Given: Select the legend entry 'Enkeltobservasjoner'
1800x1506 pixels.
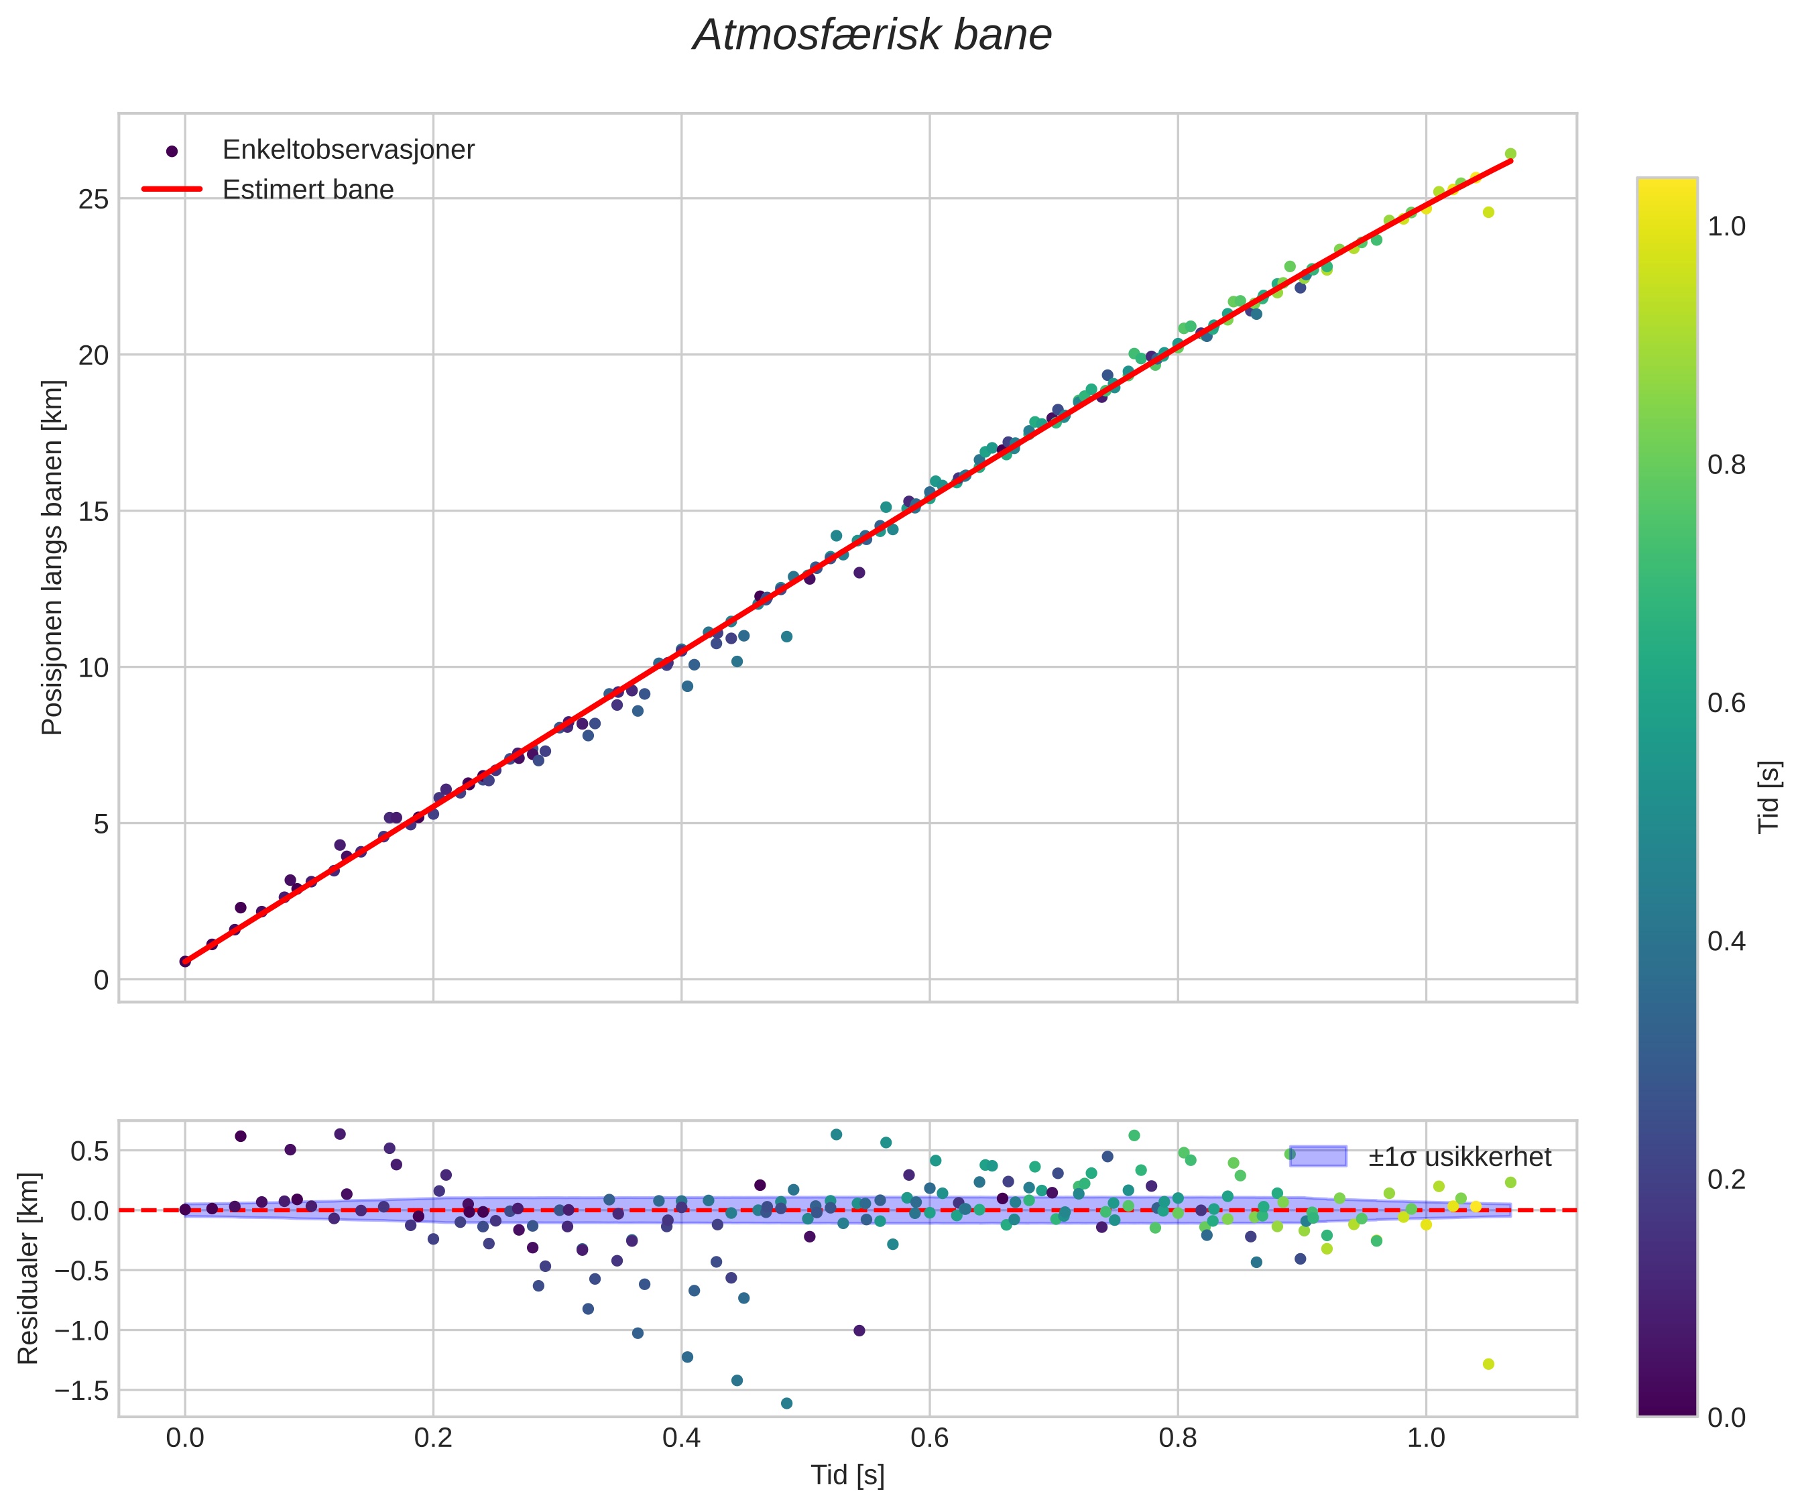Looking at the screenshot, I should (347, 150).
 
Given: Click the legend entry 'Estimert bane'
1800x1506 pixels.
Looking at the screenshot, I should (308, 190).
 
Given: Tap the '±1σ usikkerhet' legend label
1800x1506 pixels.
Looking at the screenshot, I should (1459, 1157).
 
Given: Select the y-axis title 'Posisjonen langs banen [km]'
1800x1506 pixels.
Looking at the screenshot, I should (52, 557).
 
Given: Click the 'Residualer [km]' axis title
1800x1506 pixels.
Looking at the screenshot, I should (27, 1269).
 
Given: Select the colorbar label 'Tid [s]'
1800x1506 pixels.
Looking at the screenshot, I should (1769, 797).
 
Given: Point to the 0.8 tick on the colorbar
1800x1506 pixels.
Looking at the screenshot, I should (1726, 465).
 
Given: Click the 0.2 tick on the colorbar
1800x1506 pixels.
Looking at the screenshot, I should (1726, 1179).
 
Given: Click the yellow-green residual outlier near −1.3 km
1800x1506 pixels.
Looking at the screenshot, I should (1488, 1364).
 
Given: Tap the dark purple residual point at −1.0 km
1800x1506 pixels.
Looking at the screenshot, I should (859, 1330).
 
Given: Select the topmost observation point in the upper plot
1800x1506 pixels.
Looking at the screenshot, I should (1510, 154).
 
